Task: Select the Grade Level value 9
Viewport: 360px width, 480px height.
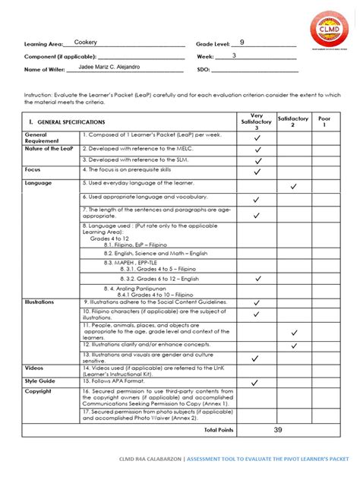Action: coord(242,43)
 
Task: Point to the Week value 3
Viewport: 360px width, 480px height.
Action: coord(234,55)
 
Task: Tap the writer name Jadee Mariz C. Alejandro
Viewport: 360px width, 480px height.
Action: coord(109,68)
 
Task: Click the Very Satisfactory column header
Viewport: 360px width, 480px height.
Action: coord(257,122)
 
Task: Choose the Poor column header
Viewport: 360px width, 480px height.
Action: coord(325,122)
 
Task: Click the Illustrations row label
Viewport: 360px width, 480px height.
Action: coord(39,302)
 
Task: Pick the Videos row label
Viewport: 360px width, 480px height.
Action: coord(33,368)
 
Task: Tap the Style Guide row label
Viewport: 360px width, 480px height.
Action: coord(40,381)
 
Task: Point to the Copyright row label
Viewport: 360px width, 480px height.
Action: coord(39,392)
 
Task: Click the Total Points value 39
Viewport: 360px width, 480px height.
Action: coord(278,429)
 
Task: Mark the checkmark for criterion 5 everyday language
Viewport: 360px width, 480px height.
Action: coord(293,185)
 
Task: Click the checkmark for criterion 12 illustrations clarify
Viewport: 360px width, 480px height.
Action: coord(293,346)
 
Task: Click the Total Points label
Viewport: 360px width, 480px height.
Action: coord(216,429)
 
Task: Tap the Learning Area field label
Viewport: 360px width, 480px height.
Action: coord(43,44)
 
